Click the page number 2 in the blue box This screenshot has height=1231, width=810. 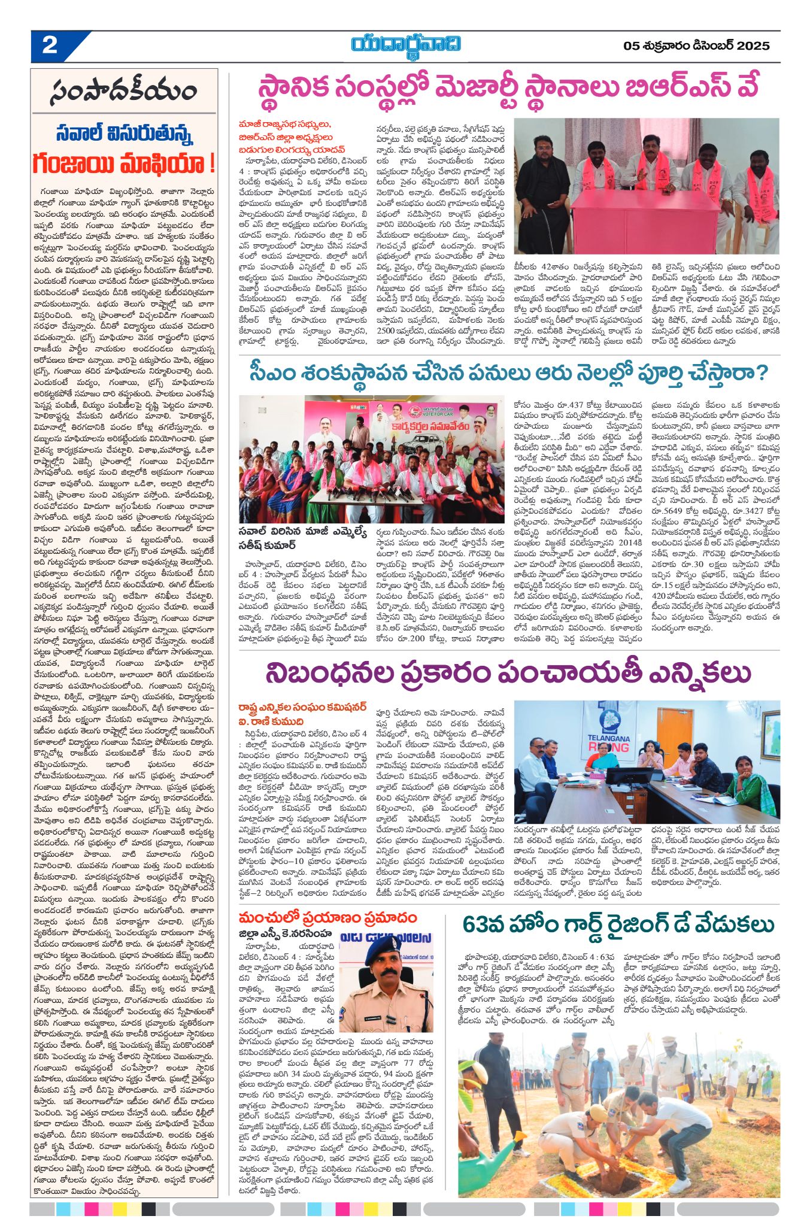tap(50, 46)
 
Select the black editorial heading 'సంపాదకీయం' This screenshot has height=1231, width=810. tap(124, 92)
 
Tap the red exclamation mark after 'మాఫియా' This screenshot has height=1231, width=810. tap(210, 163)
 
